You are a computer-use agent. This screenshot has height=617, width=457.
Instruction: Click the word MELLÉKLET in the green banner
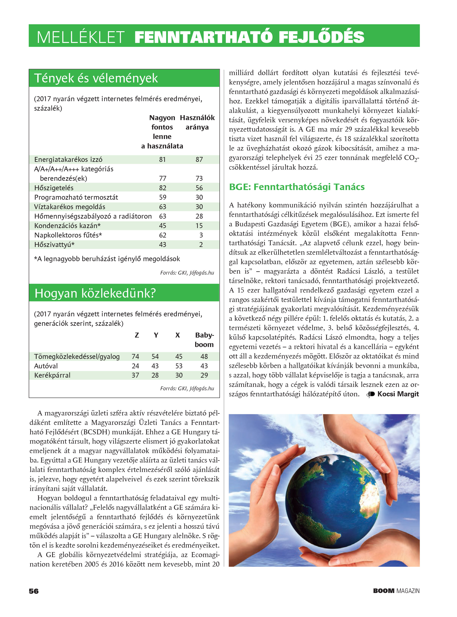coord(80,37)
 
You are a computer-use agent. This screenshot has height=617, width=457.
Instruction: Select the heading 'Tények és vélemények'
coord(96,78)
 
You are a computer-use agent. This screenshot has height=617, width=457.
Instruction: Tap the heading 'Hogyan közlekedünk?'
coord(95,293)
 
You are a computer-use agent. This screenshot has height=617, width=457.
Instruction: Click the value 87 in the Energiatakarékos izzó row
coord(199,160)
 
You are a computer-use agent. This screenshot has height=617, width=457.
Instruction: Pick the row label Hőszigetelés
coord(54,188)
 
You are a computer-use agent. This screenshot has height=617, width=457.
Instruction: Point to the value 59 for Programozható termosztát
coord(163,197)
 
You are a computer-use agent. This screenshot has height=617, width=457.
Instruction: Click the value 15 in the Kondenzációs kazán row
coord(199,226)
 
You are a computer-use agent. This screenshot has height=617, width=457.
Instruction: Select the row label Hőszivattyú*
coord(54,245)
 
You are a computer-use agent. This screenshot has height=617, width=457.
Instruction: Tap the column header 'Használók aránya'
coord(197,123)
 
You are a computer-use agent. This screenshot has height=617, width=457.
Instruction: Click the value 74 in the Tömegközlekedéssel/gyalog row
coord(135,357)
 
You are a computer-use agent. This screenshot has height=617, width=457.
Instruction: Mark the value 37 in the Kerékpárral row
coord(135,375)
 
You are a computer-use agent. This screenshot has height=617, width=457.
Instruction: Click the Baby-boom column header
coord(204,340)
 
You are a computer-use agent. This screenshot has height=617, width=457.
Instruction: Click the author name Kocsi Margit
coord(398,394)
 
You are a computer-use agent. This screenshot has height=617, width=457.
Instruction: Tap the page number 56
coord(34,591)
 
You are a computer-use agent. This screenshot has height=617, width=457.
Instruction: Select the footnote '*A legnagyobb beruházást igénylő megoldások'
coord(107,259)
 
